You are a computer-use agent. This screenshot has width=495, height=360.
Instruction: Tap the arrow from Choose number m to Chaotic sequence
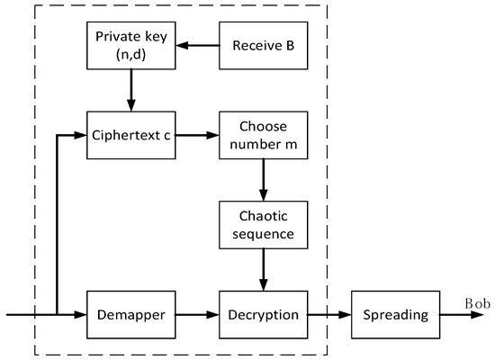pyautogui.click(x=263, y=180)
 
